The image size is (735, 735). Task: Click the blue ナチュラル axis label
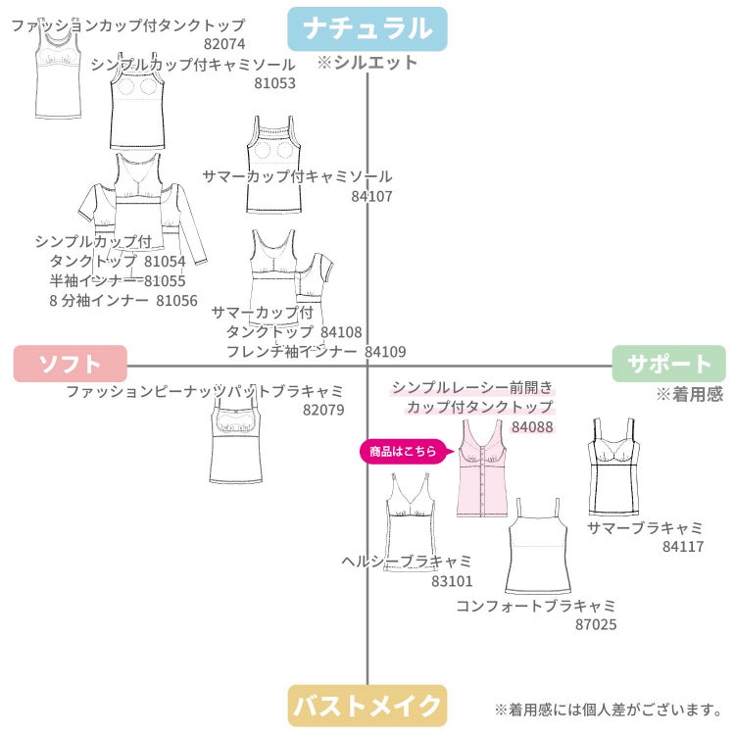367,28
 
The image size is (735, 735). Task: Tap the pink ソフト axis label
71,364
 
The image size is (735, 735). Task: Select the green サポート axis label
669,364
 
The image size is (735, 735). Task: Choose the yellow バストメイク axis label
367,706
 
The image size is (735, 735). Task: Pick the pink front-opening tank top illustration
482,468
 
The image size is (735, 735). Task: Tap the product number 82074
224,44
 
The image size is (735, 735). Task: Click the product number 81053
274,83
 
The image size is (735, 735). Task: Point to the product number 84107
371,196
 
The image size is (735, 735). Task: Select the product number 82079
323,411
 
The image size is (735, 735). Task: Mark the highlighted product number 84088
532,427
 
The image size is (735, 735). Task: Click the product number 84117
683,547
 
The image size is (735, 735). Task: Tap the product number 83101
452,581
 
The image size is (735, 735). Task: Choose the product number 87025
596,624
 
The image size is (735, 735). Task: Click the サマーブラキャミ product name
645,528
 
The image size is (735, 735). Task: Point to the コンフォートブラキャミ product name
536,606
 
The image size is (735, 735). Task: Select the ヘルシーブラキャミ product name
407,562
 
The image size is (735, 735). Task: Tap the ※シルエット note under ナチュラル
367,63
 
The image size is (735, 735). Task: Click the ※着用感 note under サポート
690,394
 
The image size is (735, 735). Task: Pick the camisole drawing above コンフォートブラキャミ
538,547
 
